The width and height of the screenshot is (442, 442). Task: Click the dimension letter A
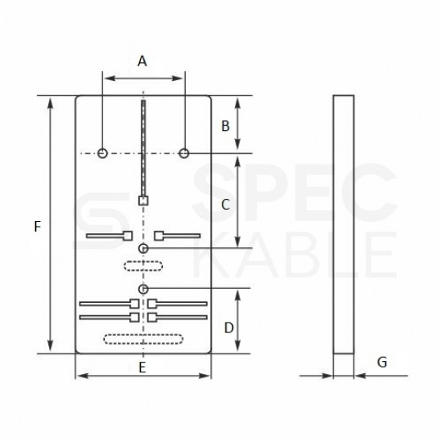[x=142, y=61]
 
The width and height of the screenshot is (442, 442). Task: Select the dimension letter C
[x=226, y=205]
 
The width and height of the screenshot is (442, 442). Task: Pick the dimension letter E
[x=142, y=368]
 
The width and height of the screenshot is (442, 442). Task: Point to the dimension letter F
[x=38, y=227]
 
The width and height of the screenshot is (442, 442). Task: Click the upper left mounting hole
[x=102, y=153]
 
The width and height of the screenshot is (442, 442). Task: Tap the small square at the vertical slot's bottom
[x=143, y=200]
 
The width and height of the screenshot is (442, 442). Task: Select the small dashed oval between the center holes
[x=143, y=264]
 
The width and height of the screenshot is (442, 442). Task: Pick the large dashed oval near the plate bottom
[x=143, y=338]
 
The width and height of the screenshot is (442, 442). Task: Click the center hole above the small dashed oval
[x=143, y=247]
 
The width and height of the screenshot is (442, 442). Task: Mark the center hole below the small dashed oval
[x=143, y=289]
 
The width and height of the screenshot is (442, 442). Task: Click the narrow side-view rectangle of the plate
[x=343, y=225]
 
